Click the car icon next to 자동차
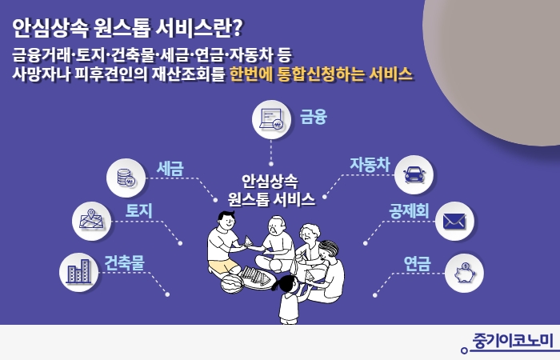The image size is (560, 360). point(414,175)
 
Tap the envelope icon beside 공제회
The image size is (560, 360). point(454,221)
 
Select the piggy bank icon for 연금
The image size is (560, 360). point(464,273)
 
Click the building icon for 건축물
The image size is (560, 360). point(78,272)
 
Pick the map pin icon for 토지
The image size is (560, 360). point(91,220)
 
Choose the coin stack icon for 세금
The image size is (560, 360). point(126,178)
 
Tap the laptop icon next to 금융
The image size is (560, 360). point(272,119)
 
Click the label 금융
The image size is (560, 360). point(314,117)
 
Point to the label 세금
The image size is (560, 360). point(170,168)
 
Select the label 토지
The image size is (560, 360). point(138,210)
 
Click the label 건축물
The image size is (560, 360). point(124,262)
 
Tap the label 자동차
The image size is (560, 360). point(370,164)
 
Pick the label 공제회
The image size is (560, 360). point(409,210)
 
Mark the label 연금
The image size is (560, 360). point(417,263)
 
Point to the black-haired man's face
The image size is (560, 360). point(228,222)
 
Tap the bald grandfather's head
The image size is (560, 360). point(277,224)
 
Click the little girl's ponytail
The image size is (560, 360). point(277,286)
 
